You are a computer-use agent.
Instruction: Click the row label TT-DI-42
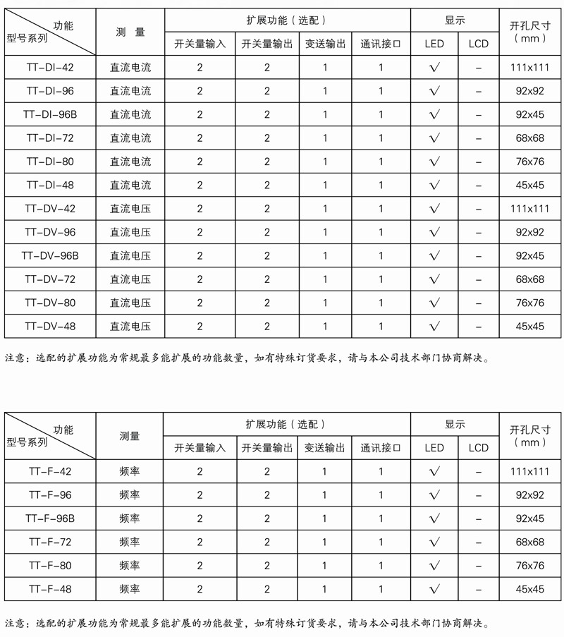click(50, 68)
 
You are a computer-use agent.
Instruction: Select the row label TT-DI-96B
click(50, 114)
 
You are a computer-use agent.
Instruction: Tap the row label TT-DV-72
click(50, 279)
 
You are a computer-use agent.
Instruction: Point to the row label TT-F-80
click(50, 566)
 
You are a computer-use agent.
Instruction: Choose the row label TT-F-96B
click(50, 518)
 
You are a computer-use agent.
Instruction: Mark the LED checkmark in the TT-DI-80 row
click(434, 162)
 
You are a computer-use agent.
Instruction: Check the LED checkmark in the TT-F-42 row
click(434, 472)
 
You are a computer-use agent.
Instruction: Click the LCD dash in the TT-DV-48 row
click(478, 327)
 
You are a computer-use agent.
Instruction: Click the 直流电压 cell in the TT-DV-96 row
click(130, 232)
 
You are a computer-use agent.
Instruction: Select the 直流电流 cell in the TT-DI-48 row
click(130, 185)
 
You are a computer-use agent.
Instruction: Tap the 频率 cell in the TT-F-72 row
click(130, 542)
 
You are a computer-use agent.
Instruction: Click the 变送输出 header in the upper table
click(326, 44)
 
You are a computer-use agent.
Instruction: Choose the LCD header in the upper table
click(478, 44)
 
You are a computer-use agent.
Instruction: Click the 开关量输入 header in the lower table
click(200, 448)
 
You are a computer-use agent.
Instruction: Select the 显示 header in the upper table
click(455, 20)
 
